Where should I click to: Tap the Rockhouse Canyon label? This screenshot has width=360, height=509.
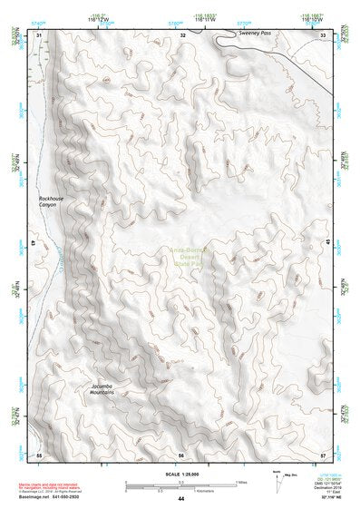coord(47,201)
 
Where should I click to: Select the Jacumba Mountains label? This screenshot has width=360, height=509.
coord(107,390)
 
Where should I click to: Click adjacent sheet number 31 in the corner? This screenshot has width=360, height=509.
coord(39,34)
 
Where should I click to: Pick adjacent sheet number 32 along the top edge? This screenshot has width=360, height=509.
coord(182,34)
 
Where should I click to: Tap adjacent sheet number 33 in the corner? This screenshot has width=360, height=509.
coord(323,34)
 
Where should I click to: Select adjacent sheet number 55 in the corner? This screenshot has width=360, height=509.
coord(39,455)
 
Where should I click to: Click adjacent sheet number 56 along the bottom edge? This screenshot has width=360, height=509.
coord(181,455)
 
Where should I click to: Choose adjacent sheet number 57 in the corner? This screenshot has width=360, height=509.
coord(323,455)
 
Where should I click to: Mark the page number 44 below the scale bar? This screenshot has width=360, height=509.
coord(181,499)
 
